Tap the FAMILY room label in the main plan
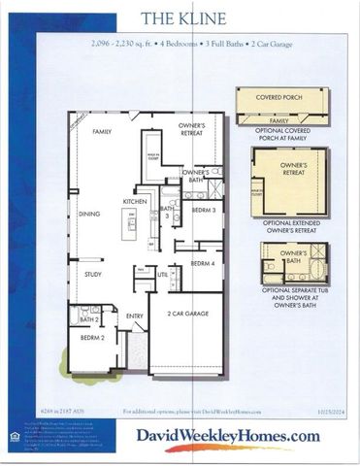102,130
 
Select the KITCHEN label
134,201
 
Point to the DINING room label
90,214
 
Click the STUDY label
92,275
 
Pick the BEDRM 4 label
202,263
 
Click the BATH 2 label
88,318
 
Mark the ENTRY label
134,316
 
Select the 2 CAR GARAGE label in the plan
186,315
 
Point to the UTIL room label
162,276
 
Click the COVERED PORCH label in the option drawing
281,98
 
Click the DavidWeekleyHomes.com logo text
227,436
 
